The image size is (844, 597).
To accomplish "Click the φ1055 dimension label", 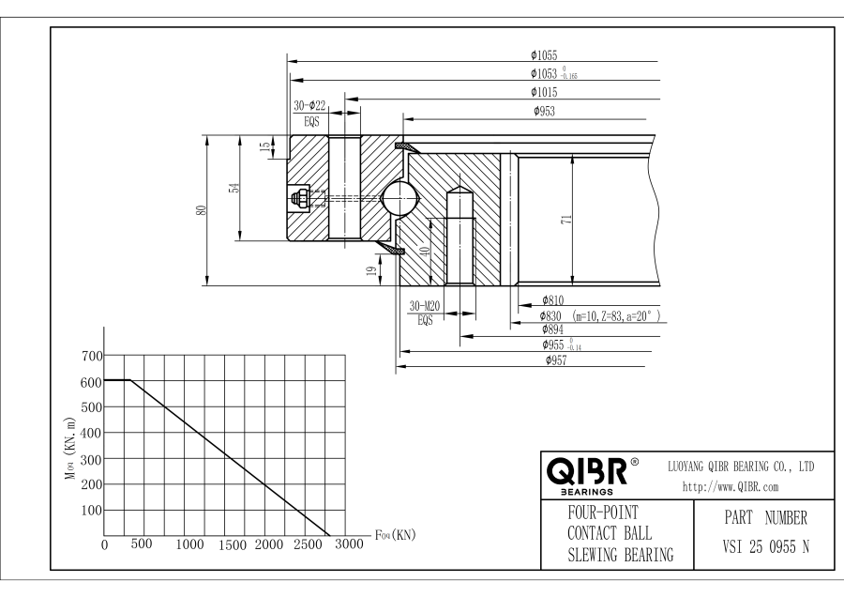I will click(544, 55).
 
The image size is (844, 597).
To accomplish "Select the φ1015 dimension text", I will click(544, 92).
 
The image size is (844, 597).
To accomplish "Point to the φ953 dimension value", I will click(544, 112).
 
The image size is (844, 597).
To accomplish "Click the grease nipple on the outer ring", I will click(302, 197).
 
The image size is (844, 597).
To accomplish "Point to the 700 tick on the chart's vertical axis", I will click(90, 356).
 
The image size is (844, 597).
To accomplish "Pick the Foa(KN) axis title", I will click(395, 535).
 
